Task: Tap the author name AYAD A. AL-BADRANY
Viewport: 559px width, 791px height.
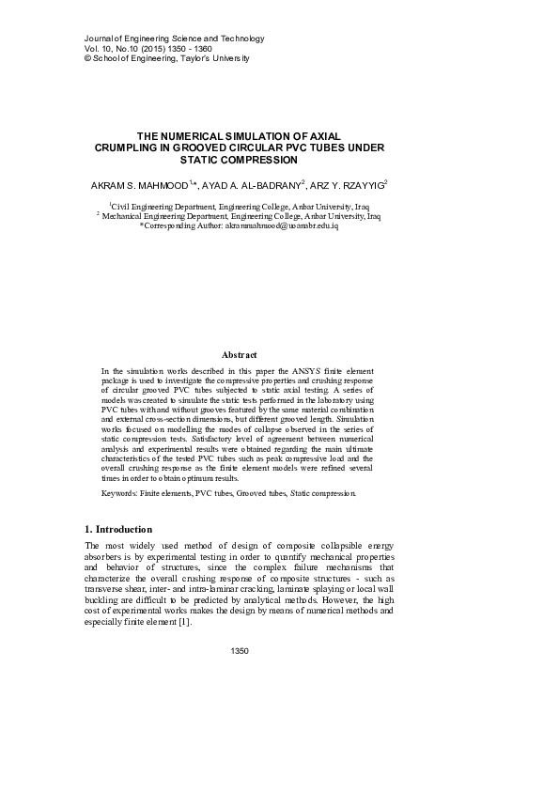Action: tap(253, 186)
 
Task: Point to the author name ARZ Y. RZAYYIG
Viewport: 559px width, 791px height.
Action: tap(348, 186)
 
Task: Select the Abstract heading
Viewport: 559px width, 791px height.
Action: tap(239, 354)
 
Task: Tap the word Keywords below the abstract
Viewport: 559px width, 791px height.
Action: tap(120, 492)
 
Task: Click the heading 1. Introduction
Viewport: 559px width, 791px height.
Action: tap(117, 530)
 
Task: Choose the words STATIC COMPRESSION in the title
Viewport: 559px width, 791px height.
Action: tap(239, 160)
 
